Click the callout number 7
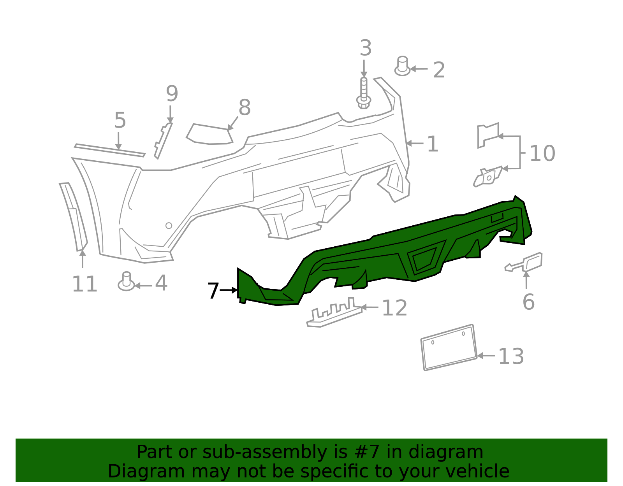pos(213,291)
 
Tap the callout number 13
pos(511,356)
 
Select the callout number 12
pos(394,309)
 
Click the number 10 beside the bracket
pos(542,154)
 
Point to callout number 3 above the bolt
pos(365,49)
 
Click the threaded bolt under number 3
pos(364,93)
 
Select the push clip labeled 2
pos(402,67)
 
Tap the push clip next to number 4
pos(126,282)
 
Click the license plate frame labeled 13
pos(449,347)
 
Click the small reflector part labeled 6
pos(532,261)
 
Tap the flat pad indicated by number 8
pos(209,134)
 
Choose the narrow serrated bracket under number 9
pos(163,141)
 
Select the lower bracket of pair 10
pos(488,177)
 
